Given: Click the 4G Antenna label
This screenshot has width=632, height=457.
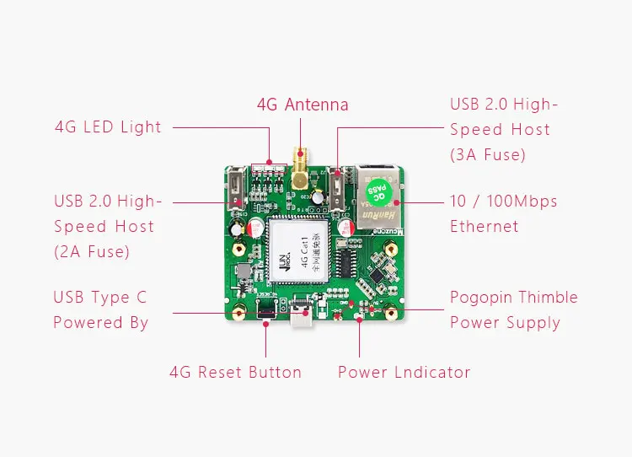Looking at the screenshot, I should pos(303,105).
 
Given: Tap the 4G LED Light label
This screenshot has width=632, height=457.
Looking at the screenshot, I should pos(108,127).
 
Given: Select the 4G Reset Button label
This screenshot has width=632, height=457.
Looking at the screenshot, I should pos(235,372).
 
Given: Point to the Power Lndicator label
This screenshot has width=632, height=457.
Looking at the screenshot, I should pos(404,372).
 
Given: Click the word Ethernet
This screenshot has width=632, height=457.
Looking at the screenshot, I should pos(484,226).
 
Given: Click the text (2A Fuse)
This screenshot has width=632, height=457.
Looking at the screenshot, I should pos(92,251).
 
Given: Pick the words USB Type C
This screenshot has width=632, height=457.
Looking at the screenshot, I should pos(99,298).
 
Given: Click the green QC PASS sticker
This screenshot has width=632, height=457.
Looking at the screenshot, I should pos(381,194).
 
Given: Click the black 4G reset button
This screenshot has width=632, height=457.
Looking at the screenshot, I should pos(264,309).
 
